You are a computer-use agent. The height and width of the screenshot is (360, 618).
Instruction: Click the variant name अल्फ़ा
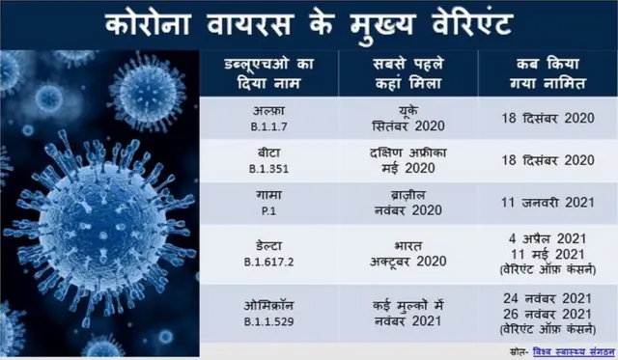pos(259,111)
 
